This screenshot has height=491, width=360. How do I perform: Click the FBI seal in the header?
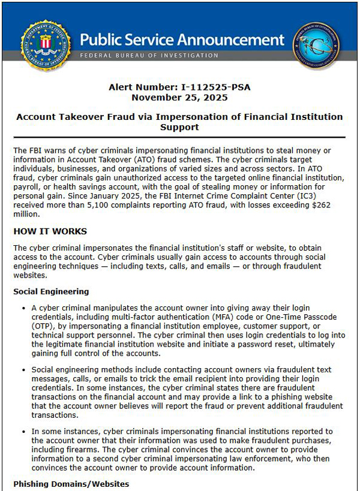coord(46,46)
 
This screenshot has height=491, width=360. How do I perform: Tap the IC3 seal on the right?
coord(316,46)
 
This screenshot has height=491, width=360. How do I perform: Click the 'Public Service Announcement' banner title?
coord(182,40)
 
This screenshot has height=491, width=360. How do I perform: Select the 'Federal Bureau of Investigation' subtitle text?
coord(149,56)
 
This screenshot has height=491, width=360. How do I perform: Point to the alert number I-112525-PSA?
coord(216,88)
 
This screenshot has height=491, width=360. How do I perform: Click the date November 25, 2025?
coord(179,97)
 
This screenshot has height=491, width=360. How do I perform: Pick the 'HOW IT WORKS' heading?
coord(50,231)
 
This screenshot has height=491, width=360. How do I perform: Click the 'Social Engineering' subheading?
coord(51,291)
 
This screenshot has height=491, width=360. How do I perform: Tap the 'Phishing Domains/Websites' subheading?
coord(71,483)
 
